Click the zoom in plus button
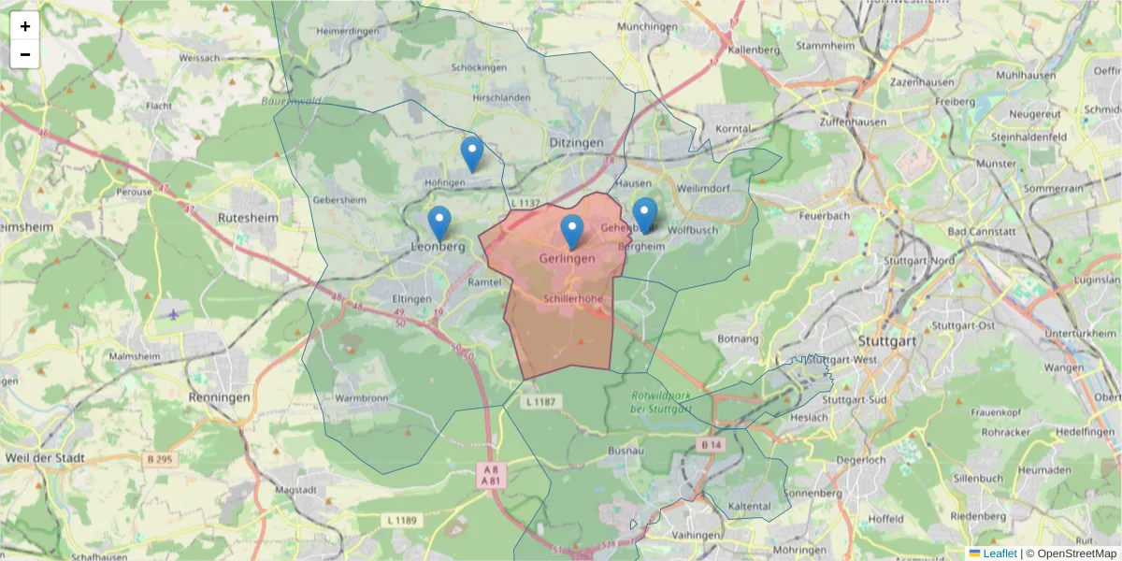pyautogui.click(x=25, y=26)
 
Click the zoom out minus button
pyautogui.click(x=25, y=54)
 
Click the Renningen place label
pyautogui.click(x=218, y=397)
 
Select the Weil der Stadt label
pyautogui.click(x=45, y=458)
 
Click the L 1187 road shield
pyautogui.click(x=540, y=402)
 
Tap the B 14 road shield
pyautogui.click(x=712, y=444)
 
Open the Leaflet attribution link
pyautogui.click(x=999, y=554)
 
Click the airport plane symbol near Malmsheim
pyautogui.click(x=174, y=312)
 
